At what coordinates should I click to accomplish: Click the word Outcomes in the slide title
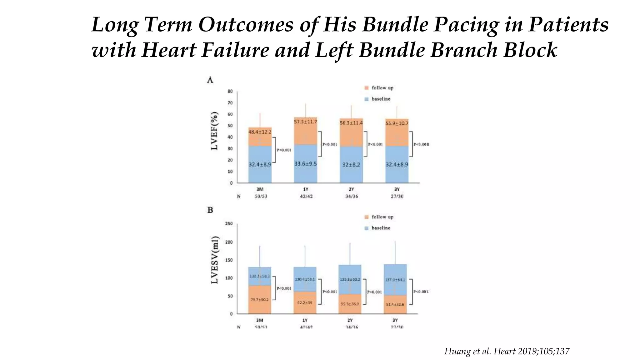(246, 24)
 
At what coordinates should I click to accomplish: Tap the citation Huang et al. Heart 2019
(507, 351)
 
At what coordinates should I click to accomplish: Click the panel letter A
(210, 80)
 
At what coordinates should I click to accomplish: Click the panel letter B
(210, 210)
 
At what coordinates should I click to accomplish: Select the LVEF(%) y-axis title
(214, 131)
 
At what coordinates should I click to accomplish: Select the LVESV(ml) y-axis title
(214, 260)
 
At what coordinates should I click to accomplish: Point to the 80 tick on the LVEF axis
(230, 91)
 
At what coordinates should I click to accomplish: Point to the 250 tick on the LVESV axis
(229, 224)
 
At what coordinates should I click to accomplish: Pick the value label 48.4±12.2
(260, 132)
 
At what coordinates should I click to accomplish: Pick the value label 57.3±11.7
(305, 121)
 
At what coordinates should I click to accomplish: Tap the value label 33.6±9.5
(305, 164)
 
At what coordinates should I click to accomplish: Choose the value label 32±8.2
(351, 165)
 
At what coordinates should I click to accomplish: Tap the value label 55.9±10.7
(397, 123)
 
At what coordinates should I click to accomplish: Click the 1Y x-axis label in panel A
(306, 189)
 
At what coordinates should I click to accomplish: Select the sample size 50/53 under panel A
(261, 196)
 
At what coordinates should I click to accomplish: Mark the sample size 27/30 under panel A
(397, 196)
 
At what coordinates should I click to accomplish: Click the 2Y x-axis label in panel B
(350, 320)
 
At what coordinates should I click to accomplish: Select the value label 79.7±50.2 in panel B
(259, 300)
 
